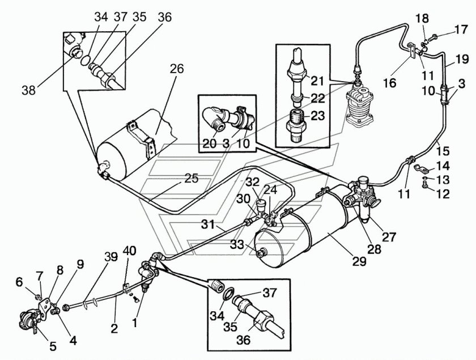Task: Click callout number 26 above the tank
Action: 177,69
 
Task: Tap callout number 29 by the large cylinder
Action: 359,261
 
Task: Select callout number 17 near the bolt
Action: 461,30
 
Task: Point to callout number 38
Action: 29,90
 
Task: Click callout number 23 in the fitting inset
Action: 317,116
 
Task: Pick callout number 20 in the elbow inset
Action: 209,143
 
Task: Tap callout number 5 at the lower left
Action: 53,346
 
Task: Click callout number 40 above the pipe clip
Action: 129,251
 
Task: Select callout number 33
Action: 237,244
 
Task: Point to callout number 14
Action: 443,166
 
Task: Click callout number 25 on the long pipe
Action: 192,178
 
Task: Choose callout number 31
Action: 209,225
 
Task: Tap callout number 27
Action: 389,236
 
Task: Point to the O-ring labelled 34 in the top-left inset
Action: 86,60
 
